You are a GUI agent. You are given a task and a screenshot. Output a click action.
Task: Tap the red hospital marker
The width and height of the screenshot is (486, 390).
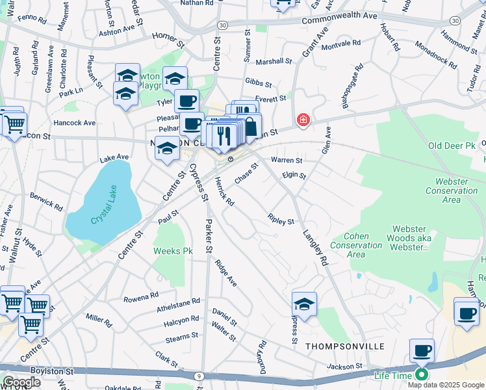[x=302, y=120]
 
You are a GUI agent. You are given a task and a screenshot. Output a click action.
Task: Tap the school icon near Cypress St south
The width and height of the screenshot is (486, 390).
[x=304, y=304]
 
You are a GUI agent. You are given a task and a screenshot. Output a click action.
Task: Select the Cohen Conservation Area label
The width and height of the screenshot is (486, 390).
[x=356, y=246]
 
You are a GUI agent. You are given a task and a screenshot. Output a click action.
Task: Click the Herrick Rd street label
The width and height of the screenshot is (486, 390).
[x=224, y=192]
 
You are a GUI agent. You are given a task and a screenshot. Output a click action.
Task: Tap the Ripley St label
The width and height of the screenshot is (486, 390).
[x=281, y=220]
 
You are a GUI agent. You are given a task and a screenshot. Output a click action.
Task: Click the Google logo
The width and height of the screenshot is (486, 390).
[x=21, y=382]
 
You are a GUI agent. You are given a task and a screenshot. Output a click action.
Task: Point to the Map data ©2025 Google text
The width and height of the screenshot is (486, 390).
[x=446, y=385]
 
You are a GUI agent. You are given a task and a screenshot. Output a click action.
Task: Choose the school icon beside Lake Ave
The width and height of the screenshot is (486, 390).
[x=167, y=149]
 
